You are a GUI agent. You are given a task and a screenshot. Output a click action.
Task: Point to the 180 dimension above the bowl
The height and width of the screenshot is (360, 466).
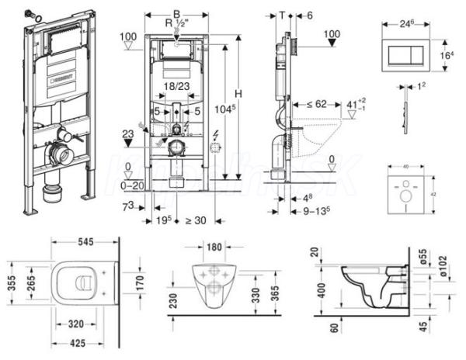(214, 247)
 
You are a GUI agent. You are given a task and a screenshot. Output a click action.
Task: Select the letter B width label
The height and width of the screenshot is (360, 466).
(176, 13)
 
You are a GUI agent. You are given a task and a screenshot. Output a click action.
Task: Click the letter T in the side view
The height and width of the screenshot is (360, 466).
(283, 14)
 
